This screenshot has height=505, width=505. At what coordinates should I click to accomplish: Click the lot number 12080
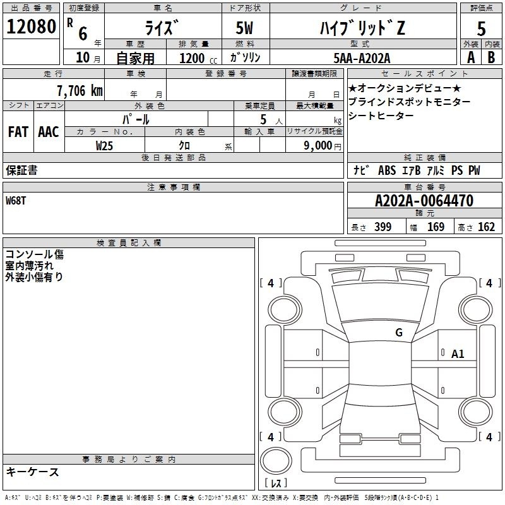click(x=31, y=27)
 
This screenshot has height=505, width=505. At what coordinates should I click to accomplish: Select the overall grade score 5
click(x=481, y=29)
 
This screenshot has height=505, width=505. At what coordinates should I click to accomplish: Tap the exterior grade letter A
click(x=471, y=57)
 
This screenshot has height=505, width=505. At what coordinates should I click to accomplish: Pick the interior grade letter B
click(x=491, y=57)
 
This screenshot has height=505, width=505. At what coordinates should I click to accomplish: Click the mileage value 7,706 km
click(x=80, y=91)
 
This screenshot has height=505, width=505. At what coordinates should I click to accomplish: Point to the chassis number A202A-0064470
click(x=424, y=201)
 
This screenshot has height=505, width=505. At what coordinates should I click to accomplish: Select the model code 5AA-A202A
click(x=362, y=58)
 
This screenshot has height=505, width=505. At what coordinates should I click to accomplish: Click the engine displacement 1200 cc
click(x=198, y=58)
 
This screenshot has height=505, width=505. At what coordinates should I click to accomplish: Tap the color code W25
click(x=104, y=146)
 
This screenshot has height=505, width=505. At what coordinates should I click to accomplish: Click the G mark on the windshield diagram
click(x=399, y=332)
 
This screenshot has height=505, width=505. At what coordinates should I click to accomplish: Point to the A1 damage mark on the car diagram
click(x=457, y=354)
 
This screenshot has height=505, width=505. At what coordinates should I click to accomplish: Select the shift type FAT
click(x=18, y=132)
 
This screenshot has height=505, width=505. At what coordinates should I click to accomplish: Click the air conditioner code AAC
click(x=49, y=132)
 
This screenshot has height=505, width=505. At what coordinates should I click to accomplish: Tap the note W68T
click(x=16, y=201)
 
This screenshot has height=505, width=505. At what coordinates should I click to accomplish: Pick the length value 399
click(x=383, y=227)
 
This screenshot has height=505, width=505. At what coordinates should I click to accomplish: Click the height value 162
click(x=486, y=227)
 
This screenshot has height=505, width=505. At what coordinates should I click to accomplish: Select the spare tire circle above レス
click(x=276, y=460)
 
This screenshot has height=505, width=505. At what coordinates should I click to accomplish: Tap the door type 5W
click(x=244, y=28)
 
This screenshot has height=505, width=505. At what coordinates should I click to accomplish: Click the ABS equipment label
click(x=387, y=170)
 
